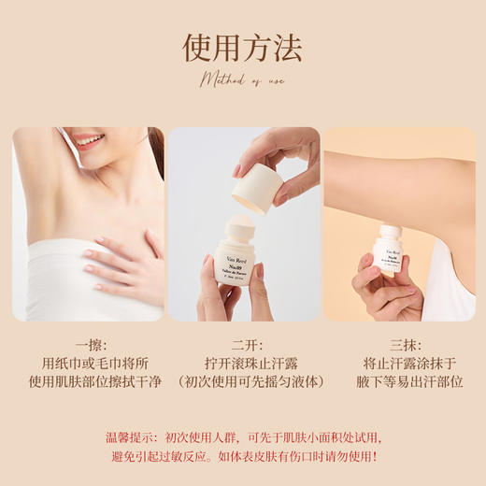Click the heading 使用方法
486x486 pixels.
click(242, 47)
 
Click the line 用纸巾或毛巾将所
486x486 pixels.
click(88, 362)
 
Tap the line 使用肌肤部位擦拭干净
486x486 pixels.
click(88, 381)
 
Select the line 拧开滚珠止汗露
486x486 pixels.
click(243, 362)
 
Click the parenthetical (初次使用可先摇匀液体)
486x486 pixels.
click(243, 381)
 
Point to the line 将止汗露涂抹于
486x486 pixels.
click(399, 362)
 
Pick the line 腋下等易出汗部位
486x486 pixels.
click(399, 381)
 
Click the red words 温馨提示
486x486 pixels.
click(132, 436)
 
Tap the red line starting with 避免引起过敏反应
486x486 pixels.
click(242, 456)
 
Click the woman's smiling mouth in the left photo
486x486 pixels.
click(89, 141)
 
